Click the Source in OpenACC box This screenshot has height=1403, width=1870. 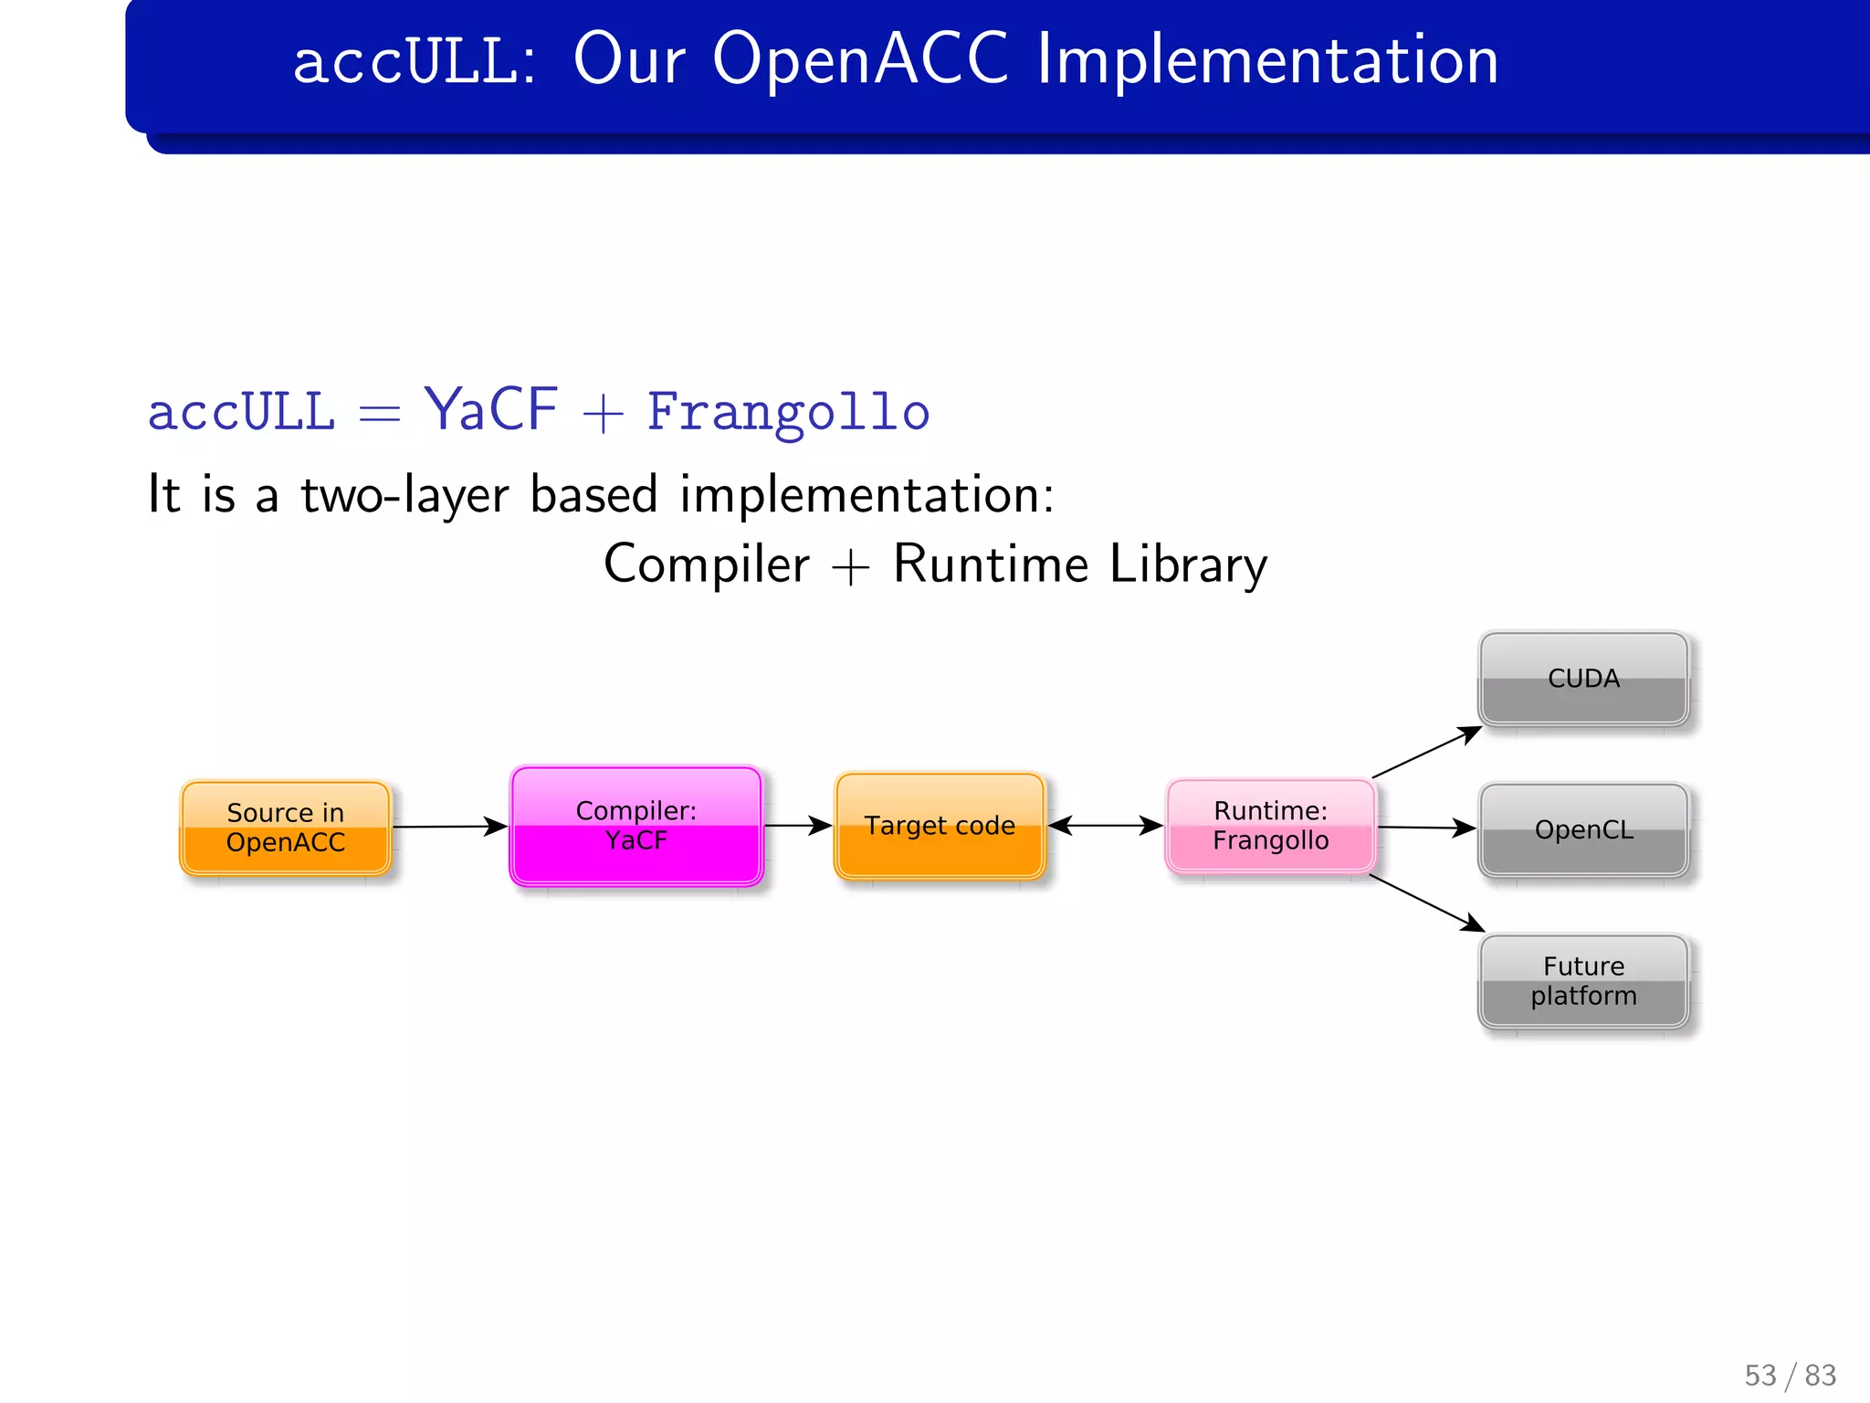tap(286, 828)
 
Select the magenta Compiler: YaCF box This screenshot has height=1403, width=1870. tap(636, 826)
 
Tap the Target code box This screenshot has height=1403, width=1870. tap(940, 826)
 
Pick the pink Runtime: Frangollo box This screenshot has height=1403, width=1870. tap(1270, 826)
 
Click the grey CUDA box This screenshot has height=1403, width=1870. tap(1583, 679)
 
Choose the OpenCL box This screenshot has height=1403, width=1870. tap(1583, 829)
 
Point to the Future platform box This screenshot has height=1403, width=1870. tap(1583, 981)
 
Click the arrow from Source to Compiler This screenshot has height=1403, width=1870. tap(447, 827)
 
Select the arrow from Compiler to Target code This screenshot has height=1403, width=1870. tap(796, 826)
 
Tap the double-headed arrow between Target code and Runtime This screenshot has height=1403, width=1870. tap(1105, 826)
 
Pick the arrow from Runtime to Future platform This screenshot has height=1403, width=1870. tap(1426, 902)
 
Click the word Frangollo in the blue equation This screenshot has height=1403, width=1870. tap(788, 412)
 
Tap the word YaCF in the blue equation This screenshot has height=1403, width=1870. tap(491, 410)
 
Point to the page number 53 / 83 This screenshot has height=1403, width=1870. tap(1790, 1375)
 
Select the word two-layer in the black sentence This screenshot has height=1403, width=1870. tap(404, 495)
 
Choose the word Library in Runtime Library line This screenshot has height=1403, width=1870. tap(1188, 564)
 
